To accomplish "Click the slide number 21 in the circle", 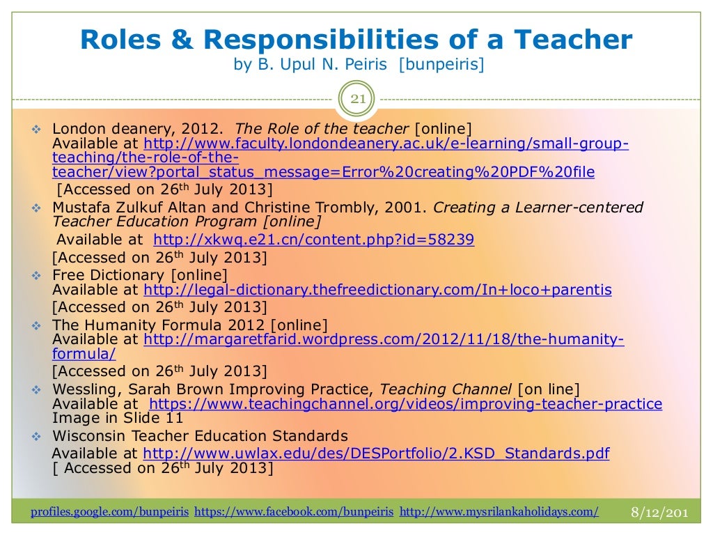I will tap(357, 98).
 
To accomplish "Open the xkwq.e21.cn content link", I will tap(313, 240).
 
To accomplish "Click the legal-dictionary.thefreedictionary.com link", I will tap(377, 290).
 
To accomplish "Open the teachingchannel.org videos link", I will tap(406, 404).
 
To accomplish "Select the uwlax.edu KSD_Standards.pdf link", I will tap(376, 454).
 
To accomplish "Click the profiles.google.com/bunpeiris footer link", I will tap(110, 512).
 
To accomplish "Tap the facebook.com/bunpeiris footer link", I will tap(294, 512).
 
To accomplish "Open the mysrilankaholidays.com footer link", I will tap(499, 512).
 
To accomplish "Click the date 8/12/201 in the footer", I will tap(659, 513).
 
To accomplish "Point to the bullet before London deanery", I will tap(38, 130).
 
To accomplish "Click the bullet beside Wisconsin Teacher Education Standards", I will tap(38, 437).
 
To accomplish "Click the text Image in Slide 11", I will tap(118, 419).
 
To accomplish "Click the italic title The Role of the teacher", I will tap(322, 129).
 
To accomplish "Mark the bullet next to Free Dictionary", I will tap(38, 275).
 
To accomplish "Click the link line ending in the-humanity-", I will tap(384, 340).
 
